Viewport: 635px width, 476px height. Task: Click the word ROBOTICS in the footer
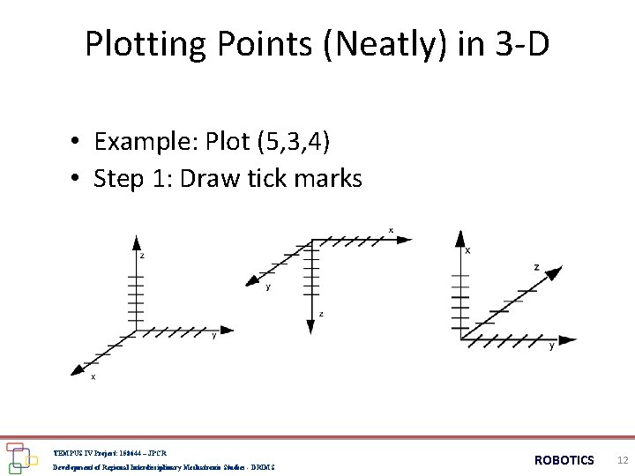(564, 460)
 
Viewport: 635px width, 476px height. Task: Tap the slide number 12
(623, 460)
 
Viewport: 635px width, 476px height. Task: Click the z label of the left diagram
(142, 256)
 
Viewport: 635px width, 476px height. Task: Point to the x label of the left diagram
(93, 377)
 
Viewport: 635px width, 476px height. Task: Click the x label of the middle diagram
(391, 230)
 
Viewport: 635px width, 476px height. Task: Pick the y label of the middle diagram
(268, 286)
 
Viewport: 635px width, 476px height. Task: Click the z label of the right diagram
(536, 267)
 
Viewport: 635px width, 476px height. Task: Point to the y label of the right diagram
(552, 346)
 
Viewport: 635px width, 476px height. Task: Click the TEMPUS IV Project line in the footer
(109, 452)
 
